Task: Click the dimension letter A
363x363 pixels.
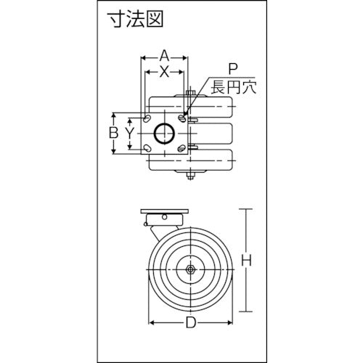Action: tap(164, 54)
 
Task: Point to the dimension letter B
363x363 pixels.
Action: tap(113, 133)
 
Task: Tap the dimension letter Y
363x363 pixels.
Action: tap(129, 133)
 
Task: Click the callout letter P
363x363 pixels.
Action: tap(232, 70)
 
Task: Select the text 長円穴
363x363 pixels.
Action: tap(230, 89)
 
